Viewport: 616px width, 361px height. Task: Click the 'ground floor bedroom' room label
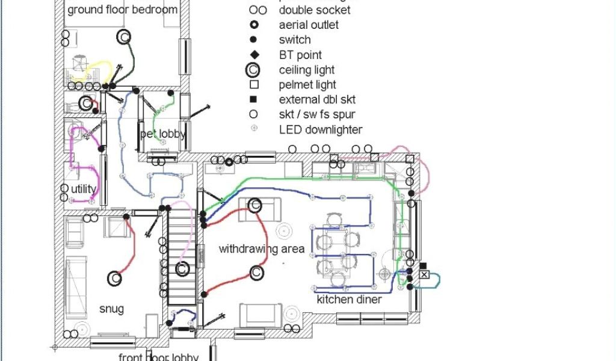pyautogui.click(x=122, y=10)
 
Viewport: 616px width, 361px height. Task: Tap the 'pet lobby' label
pyautogui.click(x=163, y=134)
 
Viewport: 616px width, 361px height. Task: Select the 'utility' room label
pyautogui.click(x=83, y=189)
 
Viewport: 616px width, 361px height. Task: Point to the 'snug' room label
pyautogui.click(x=112, y=309)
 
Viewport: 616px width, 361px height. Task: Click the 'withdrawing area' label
pyautogui.click(x=261, y=248)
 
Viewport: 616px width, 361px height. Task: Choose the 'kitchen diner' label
pyautogui.click(x=349, y=299)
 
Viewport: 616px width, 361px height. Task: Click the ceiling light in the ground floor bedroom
pyautogui.click(x=124, y=37)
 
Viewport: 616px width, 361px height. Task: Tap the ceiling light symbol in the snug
pyautogui.click(x=115, y=279)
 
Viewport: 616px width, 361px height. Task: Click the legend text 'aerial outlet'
pyautogui.click(x=309, y=25)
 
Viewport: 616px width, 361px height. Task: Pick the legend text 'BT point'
pyautogui.click(x=300, y=55)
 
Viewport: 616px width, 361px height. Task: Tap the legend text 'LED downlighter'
pyautogui.click(x=321, y=129)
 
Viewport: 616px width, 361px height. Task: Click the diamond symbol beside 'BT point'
pyautogui.click(x=254, y=55)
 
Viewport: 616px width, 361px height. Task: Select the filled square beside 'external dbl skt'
pyautogui.click(x=254, y=99)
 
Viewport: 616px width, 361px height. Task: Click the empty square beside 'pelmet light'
pyautogui.click(x=254, y=85)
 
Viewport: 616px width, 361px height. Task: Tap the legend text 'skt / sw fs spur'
pyautogui.click(x=317, y=114)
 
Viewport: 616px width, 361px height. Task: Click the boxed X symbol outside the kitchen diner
pyautogui.click(x=424, y=274)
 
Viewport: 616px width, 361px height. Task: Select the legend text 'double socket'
pyautogui.click(x=315, y=10)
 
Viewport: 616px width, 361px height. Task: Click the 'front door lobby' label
pyautogui.click(x=158, y=357)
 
